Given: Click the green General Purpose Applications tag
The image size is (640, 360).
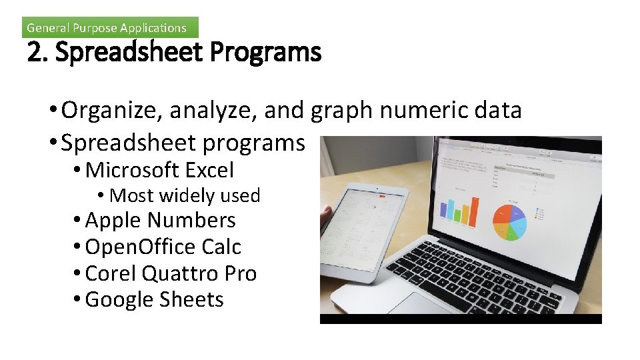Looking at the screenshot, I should point(110,27).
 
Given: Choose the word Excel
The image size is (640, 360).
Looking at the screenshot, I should point(209,171).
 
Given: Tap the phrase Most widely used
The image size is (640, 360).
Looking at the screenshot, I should point(184,195).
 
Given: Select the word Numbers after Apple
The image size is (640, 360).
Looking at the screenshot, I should point(193,220).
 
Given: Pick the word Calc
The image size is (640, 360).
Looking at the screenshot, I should point(222,247).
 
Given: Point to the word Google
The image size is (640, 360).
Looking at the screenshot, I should point(119,299).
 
